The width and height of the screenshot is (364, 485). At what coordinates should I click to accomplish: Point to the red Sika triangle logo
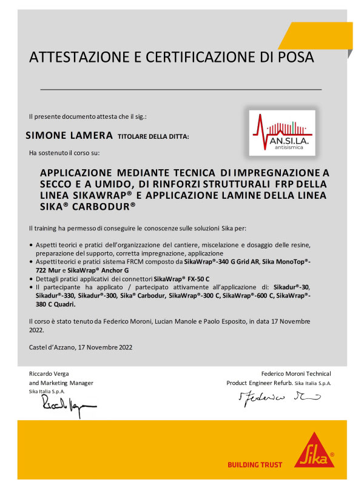(x=314, y=450)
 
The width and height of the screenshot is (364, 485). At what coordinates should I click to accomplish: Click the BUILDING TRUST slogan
(x=255, y=464)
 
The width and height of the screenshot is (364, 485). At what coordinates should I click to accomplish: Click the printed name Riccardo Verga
(x=53, y=373)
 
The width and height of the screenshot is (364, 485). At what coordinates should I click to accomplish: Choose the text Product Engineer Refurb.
(x=260, y=383)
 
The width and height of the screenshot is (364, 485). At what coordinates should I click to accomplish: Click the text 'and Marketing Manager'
(x=61, y=383)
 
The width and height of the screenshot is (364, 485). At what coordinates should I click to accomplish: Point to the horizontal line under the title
(x=181, y=89)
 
